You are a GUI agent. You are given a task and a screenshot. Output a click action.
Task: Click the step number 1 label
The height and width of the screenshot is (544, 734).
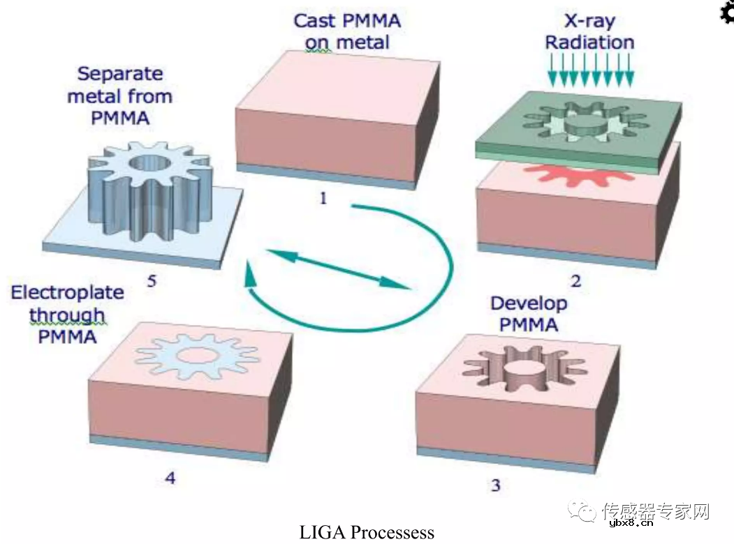323,198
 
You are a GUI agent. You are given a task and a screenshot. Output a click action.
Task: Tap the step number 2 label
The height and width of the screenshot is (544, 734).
575,282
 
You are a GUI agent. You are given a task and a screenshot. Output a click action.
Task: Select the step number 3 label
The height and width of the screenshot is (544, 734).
496,485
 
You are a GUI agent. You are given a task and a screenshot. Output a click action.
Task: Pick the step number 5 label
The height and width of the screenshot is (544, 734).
152,282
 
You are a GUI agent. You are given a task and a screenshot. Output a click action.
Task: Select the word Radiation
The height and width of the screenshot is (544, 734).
589,43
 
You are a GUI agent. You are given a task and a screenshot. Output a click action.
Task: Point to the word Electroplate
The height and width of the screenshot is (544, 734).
67,292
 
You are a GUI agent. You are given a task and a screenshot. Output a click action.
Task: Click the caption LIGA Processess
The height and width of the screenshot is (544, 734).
367,533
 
